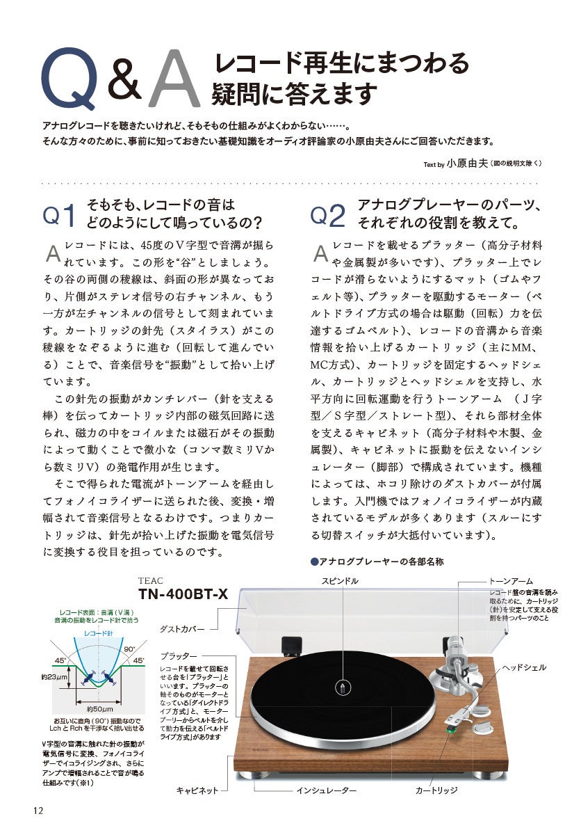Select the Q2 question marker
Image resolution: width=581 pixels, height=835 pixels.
[x=328, y=216]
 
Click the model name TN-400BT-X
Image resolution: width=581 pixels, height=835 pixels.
[x=183, y=594]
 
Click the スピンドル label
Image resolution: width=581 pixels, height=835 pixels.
[x=340, y=580]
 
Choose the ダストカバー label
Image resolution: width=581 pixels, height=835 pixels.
[x=182, y=628]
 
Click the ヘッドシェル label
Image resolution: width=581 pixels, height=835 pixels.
[x=525, y=667]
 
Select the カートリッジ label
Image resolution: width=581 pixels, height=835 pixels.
[x=436, y=791]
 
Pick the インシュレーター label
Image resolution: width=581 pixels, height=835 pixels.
[x=326, y=791]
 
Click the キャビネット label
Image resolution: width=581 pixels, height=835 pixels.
[x=198, y=791]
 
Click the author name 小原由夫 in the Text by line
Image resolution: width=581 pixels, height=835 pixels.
[x=466, y=164]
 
